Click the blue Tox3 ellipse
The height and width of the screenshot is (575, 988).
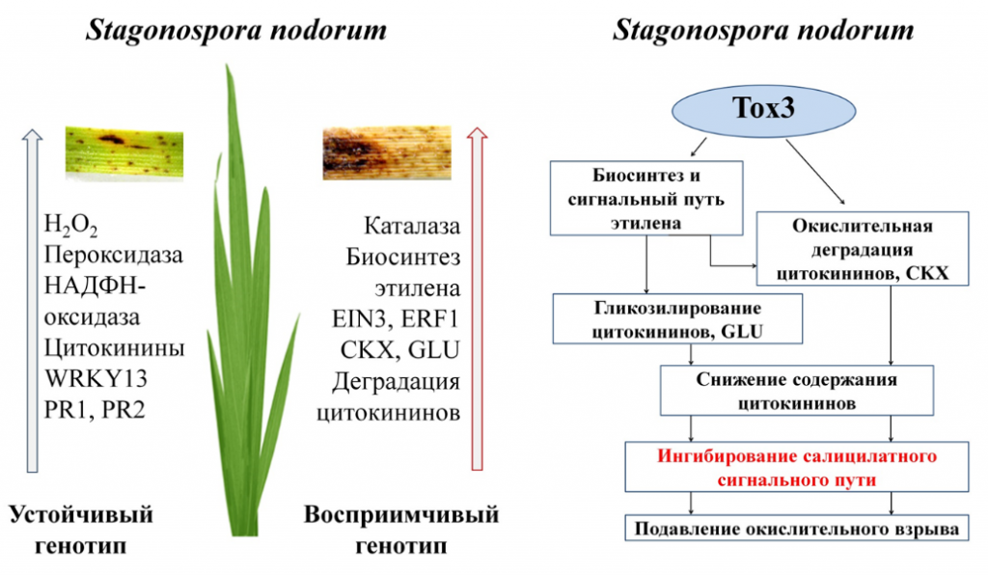coord(764,110)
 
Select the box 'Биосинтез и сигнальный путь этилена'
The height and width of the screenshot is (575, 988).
coord(646,199)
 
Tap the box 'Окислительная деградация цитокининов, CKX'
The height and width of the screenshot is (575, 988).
coord(862,249)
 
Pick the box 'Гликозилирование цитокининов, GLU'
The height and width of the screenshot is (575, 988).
coord(677,318)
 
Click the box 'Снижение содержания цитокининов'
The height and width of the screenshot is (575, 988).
coord(796,391)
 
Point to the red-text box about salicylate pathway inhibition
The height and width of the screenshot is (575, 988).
coord(796,467)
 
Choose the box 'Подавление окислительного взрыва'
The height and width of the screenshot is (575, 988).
coord(796,528)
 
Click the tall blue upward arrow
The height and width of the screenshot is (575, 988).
coord(32,300)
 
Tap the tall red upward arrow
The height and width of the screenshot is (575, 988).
coord(477,298)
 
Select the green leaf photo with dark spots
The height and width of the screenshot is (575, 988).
coord(124,153)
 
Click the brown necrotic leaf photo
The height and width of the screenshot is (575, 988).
coord(387,153)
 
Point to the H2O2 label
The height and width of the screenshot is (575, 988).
coord(70,226)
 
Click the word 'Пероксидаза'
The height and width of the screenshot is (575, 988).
coord(114,255)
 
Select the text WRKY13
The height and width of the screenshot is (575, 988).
coord(96,378)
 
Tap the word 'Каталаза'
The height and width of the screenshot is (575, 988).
coord(412,226)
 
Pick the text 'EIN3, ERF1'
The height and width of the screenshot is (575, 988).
coord(396,318)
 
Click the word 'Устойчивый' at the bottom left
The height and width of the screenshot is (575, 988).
coord(81,514)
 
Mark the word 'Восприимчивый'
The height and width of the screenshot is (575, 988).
coord(401,514)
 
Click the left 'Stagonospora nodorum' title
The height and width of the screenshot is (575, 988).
coord(235,30)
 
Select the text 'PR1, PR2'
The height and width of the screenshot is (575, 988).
coord(95,409)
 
